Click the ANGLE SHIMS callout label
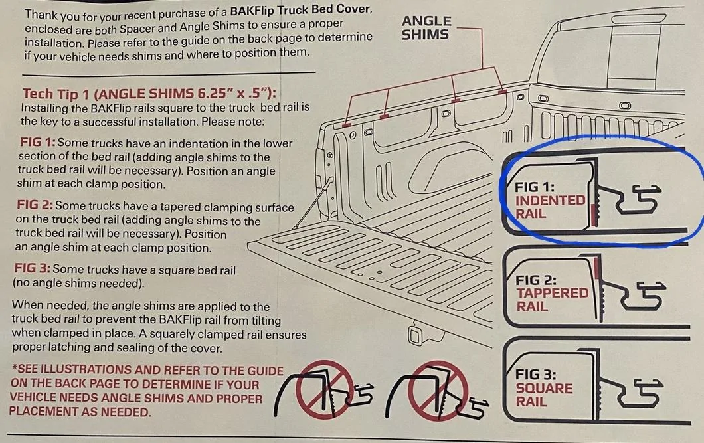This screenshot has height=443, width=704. coord(426,28)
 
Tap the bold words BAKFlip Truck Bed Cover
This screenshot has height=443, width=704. coord(301,9)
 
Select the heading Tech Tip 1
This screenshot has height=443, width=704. coord(56,94)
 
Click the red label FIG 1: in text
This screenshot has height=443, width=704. coord(38,142)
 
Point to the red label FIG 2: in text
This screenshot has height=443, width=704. coord(35,205)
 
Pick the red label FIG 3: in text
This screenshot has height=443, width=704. coord(33,268)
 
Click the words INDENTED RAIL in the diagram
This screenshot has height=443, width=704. coord(549,207)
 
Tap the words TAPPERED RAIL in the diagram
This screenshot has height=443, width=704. coord(552,300)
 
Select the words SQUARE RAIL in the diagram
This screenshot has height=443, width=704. coord(544,395)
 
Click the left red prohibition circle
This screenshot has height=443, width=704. coord(325,390)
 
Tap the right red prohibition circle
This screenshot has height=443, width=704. coord(438,391)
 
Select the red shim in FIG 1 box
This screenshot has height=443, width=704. coord(594,215)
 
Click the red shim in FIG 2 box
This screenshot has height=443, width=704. coord(596,268)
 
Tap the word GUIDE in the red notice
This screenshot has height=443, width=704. coord(262,371)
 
